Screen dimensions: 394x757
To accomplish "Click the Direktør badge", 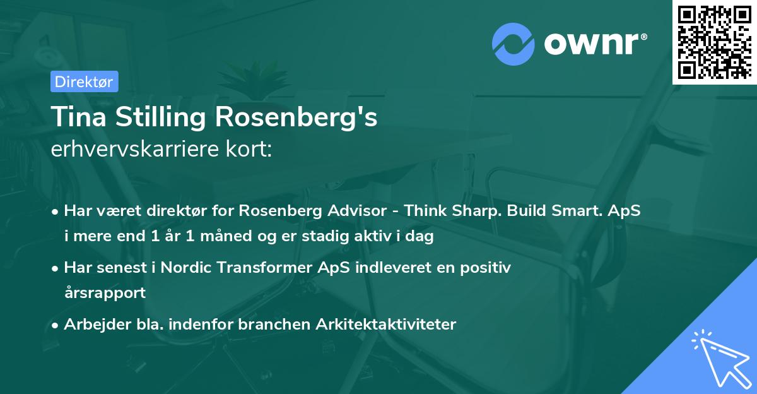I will tap(84, 81).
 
